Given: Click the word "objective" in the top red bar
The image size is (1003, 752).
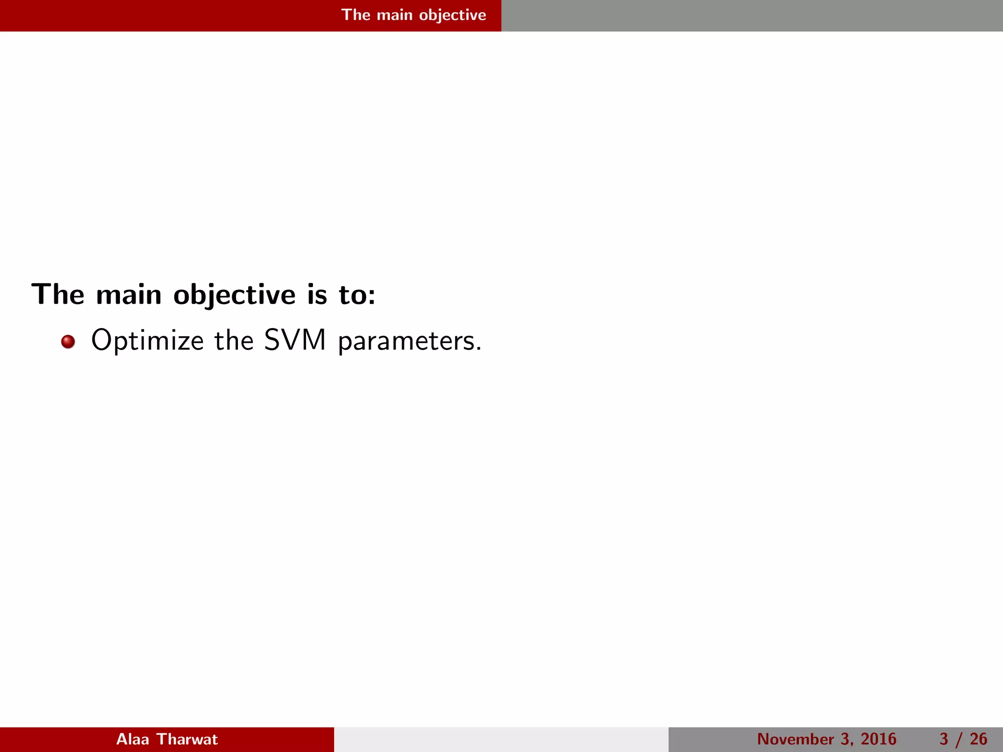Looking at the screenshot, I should (453, 15).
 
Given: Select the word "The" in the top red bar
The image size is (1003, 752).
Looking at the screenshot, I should (356, 15).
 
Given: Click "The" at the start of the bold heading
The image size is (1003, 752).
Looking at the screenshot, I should (58, 295).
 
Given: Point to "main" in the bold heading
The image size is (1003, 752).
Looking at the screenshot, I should (129, 295).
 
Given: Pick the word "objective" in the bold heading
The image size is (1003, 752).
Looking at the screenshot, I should (235, 296).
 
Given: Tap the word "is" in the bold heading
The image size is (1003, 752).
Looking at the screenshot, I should (317, 295).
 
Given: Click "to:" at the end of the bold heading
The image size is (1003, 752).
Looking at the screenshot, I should (358, 295).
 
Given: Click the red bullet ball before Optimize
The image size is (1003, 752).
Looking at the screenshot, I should (68, 341).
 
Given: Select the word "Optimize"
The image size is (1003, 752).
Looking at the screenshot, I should (147, 341).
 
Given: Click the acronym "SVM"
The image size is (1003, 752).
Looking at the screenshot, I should (295, 340).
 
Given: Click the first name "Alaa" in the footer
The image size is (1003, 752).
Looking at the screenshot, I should (132, 739).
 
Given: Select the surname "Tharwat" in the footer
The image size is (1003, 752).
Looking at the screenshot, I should (187, 739).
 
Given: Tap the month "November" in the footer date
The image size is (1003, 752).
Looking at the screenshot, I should (795, 739).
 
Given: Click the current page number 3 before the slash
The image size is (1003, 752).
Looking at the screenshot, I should (944, 739).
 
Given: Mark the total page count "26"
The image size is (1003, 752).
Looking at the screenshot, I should (978, 739).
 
